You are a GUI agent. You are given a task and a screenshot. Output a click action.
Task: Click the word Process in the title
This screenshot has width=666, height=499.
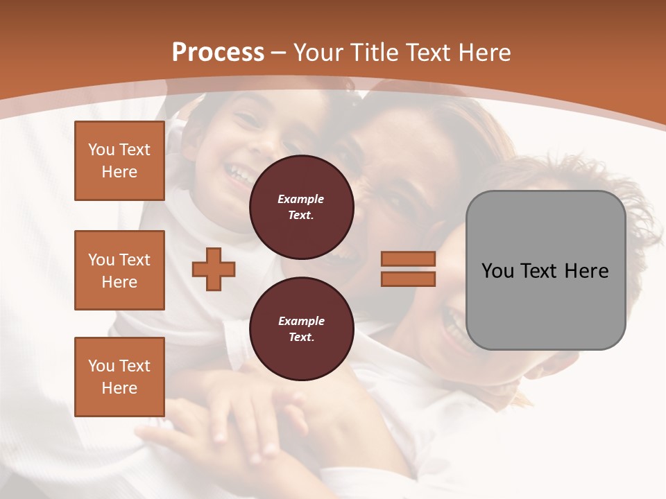(218, 53)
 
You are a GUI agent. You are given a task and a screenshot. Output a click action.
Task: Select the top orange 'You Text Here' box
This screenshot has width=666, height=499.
(119, 161)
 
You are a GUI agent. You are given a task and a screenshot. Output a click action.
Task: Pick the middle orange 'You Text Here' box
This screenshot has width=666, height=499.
(119, 270)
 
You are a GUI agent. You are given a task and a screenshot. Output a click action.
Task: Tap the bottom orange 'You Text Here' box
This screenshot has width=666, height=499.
(119, 377)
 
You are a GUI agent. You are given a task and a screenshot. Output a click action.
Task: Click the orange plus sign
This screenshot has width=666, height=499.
(214, 269)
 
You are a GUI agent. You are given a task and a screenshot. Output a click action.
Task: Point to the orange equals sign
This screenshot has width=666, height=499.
(408, 269)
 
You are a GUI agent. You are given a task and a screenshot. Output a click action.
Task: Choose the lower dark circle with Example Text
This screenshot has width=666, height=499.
(302, 329)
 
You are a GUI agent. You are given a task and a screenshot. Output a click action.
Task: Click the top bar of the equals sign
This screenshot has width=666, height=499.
(408, 259)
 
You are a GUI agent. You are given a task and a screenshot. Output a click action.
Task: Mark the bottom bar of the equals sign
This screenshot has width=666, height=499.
(408, 279)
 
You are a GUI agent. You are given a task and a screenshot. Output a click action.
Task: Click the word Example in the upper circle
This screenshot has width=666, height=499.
(301, 199)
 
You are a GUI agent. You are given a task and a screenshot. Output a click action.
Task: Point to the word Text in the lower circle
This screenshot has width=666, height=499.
(301, 338)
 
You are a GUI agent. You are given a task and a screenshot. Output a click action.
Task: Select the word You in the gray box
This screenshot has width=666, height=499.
(497, 271)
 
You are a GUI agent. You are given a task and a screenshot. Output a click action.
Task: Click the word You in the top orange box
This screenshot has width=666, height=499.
(101, 150)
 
